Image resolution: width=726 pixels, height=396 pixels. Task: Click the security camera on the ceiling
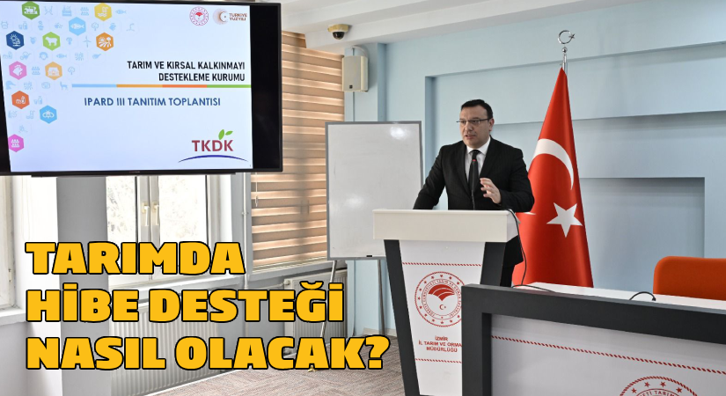point(339,32)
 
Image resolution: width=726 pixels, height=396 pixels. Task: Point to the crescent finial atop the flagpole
point(565,40)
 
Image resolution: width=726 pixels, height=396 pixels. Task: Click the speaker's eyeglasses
point(473,121)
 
